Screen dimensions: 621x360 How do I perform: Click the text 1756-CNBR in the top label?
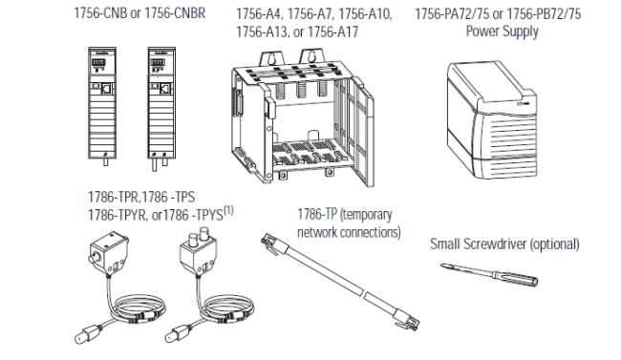pyautogui.click(x=175, y=13)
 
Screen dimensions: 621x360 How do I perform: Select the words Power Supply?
pyautogui.click(x=502, y=32)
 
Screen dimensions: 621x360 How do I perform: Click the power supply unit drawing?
pyautogui.click(x=492, y=119)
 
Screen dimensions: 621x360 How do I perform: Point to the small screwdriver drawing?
pyautogui.click(x=489, y=274)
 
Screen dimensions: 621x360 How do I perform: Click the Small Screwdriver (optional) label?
pyautogui.click(x=504, y=244)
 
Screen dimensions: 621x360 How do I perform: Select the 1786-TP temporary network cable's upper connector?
pyautogui.click(x=269, y=243)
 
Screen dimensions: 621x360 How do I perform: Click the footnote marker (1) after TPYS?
pyautogui.click(x=229, y=209)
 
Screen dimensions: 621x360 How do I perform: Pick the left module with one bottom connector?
pyautogui.click(x=102, y=106)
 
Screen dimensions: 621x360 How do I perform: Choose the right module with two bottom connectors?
pyautogui.click(x=161, y=108)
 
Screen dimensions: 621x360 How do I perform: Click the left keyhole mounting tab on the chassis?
pyautogui.click(x=271, y=59)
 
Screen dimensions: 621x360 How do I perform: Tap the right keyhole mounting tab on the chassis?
pyautogui.click(x=312, y=58)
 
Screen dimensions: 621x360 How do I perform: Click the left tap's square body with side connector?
pyautogui.click(x=107, y=252)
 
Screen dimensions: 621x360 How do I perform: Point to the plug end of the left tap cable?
pyautogui.click(x=87, y=333)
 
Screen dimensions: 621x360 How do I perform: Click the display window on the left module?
pyautogui.click(x=98, y=63)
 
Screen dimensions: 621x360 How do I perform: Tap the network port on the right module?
pyautogui.click(x=165, y=89)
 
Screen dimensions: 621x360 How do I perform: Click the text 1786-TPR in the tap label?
pyautogui.click(x=114, y=197)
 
